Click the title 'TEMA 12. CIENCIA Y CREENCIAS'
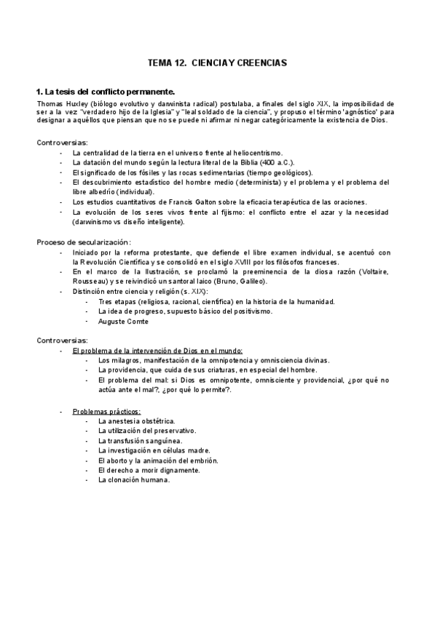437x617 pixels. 218,63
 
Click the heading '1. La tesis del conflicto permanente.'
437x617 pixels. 106,92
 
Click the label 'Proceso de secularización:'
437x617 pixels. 84,242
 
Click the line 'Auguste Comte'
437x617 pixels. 123,321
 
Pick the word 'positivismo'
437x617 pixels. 251,311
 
